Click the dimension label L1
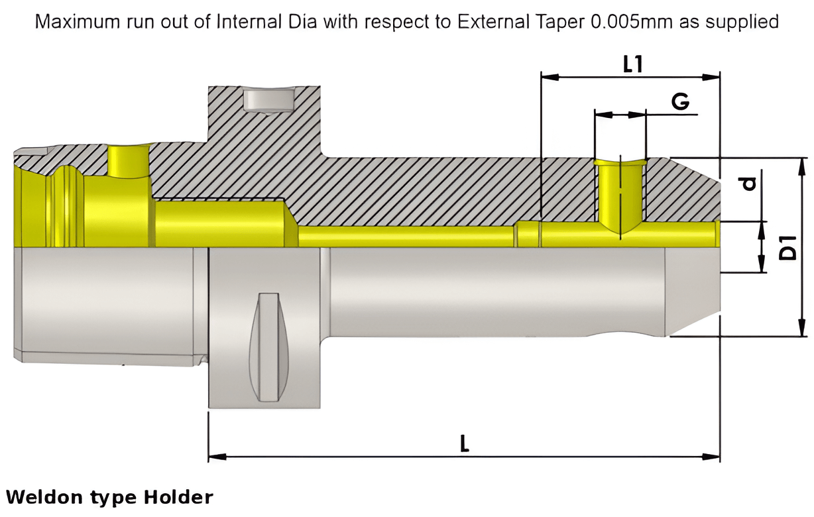(633, 64)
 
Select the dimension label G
(679, 102)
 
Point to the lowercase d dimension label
(749, 182)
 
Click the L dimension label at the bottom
(465, 443)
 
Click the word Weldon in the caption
(45, 496)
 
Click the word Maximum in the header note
(77, 22)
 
